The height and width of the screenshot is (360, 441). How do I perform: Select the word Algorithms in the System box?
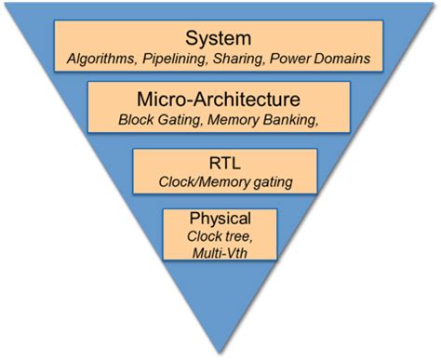(101, 60)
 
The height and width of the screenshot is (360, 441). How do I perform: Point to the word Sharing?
(241, 60)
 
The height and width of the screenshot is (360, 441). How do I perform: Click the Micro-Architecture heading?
(220, 99)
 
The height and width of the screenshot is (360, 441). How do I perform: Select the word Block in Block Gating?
(137, 120)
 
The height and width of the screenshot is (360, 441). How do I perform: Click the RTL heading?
(220, 161)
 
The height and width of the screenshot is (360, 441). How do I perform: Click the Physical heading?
(220, 220)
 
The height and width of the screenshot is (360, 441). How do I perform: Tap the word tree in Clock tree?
(238, 236)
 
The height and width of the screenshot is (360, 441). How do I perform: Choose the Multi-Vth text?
(220, 253)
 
